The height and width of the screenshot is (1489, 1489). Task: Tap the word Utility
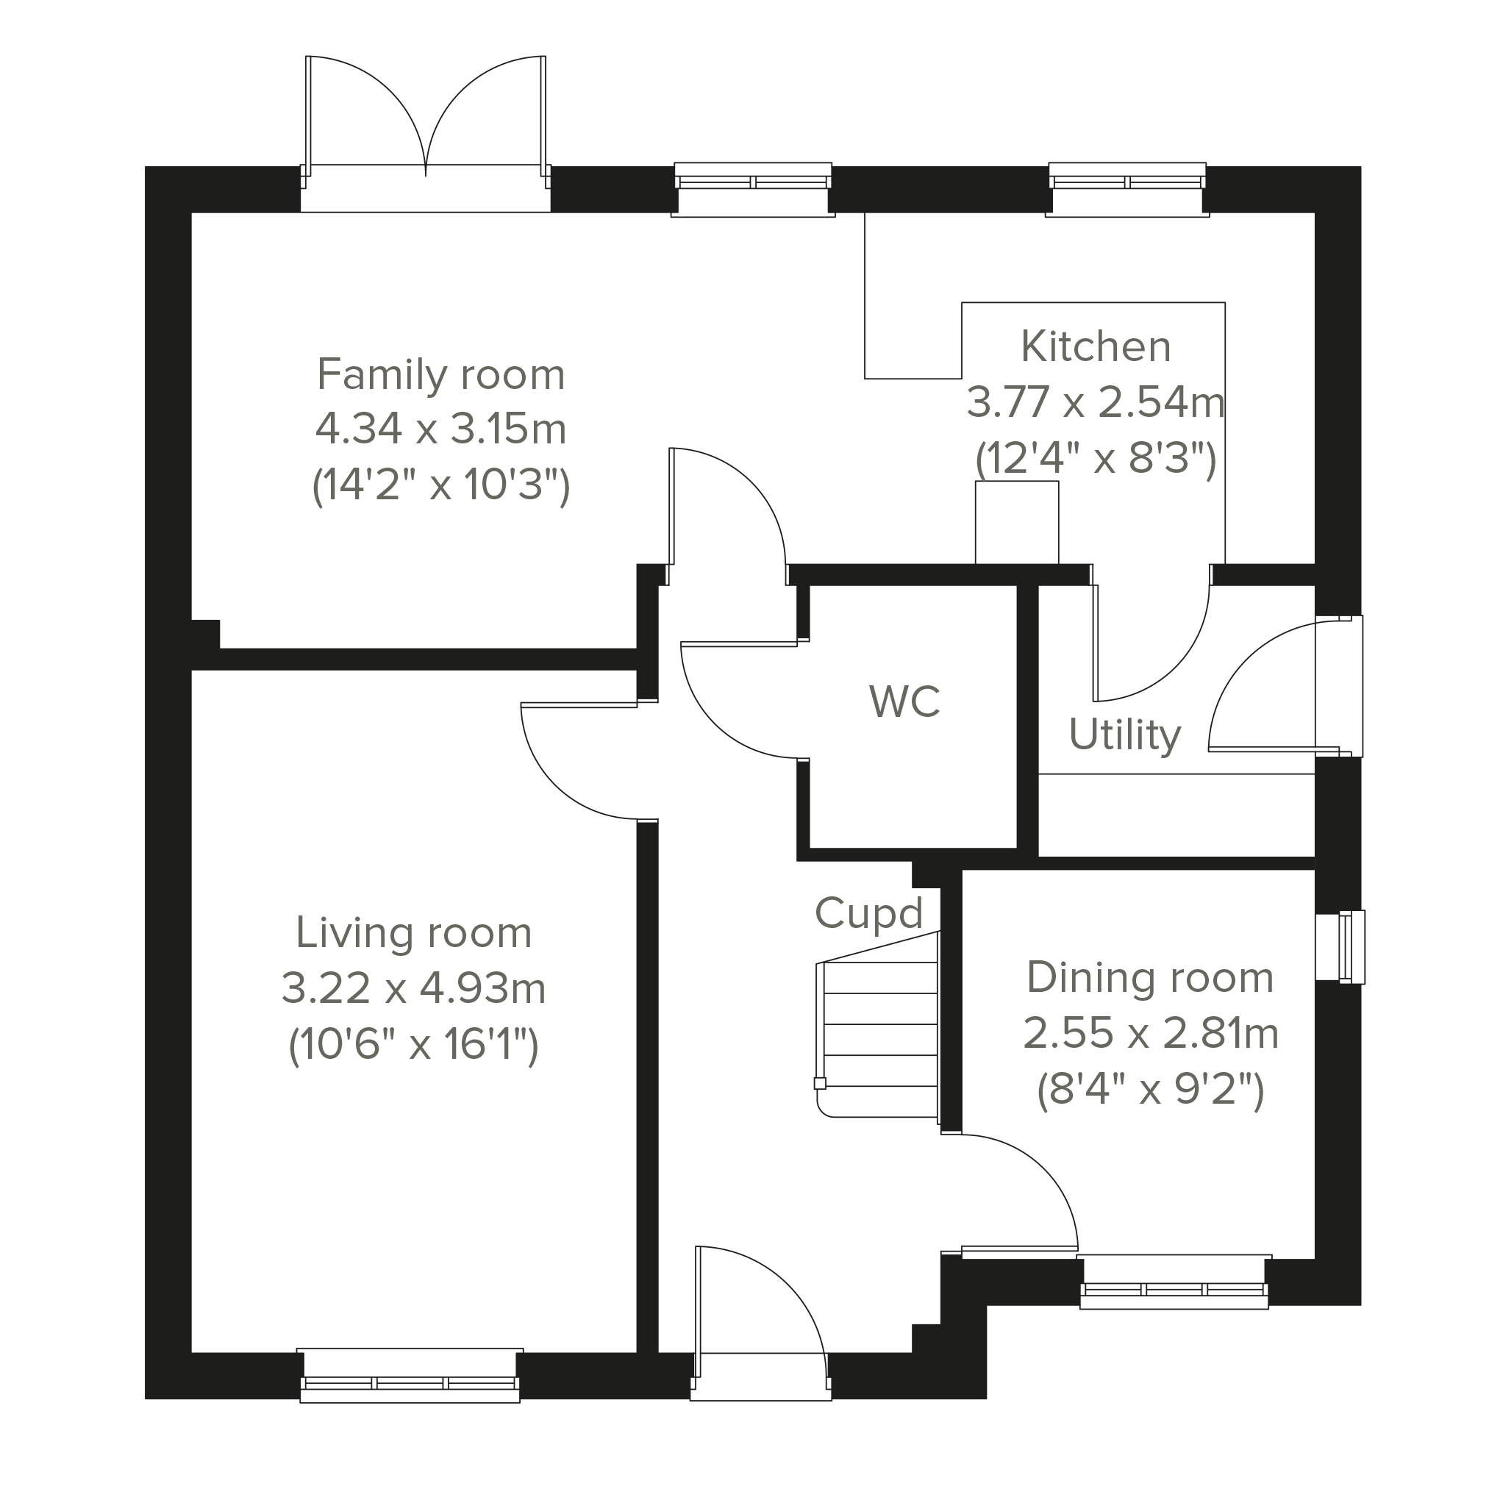click(1124, 735)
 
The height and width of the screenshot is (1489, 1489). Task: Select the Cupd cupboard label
click(868, 914)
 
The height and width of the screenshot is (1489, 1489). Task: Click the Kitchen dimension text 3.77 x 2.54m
click(1095, 402)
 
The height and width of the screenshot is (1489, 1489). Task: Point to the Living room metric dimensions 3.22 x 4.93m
click(413, 989)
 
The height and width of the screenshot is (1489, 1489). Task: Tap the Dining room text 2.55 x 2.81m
click(1150, 1034)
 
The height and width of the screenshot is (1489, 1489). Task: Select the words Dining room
click(1150, 977)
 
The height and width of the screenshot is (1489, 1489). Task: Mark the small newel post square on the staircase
click(820, 1084)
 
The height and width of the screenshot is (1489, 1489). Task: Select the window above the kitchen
click(1126, 183)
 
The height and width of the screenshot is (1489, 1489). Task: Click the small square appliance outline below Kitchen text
click(1016, 523)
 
